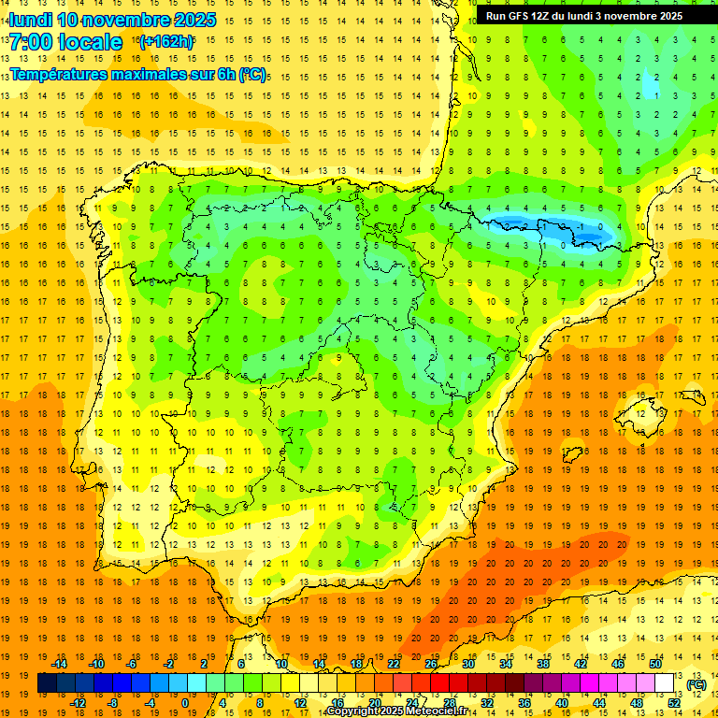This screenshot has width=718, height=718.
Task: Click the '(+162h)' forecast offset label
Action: tap(165, 41)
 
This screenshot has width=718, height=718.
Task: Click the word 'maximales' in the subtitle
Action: tap(154, 74)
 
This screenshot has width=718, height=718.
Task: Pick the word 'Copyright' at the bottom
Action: tap(352, 711)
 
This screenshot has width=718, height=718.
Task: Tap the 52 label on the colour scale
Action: tap(674, 703)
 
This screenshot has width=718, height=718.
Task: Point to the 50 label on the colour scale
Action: tap(655, 663)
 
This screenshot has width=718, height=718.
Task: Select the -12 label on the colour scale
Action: tap(78, 703)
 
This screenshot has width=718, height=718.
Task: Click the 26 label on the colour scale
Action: tap(431, 663)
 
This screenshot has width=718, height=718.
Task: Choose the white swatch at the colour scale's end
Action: tap(665, 683)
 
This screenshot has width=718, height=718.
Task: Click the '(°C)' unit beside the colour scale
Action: tap(696, 684)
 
